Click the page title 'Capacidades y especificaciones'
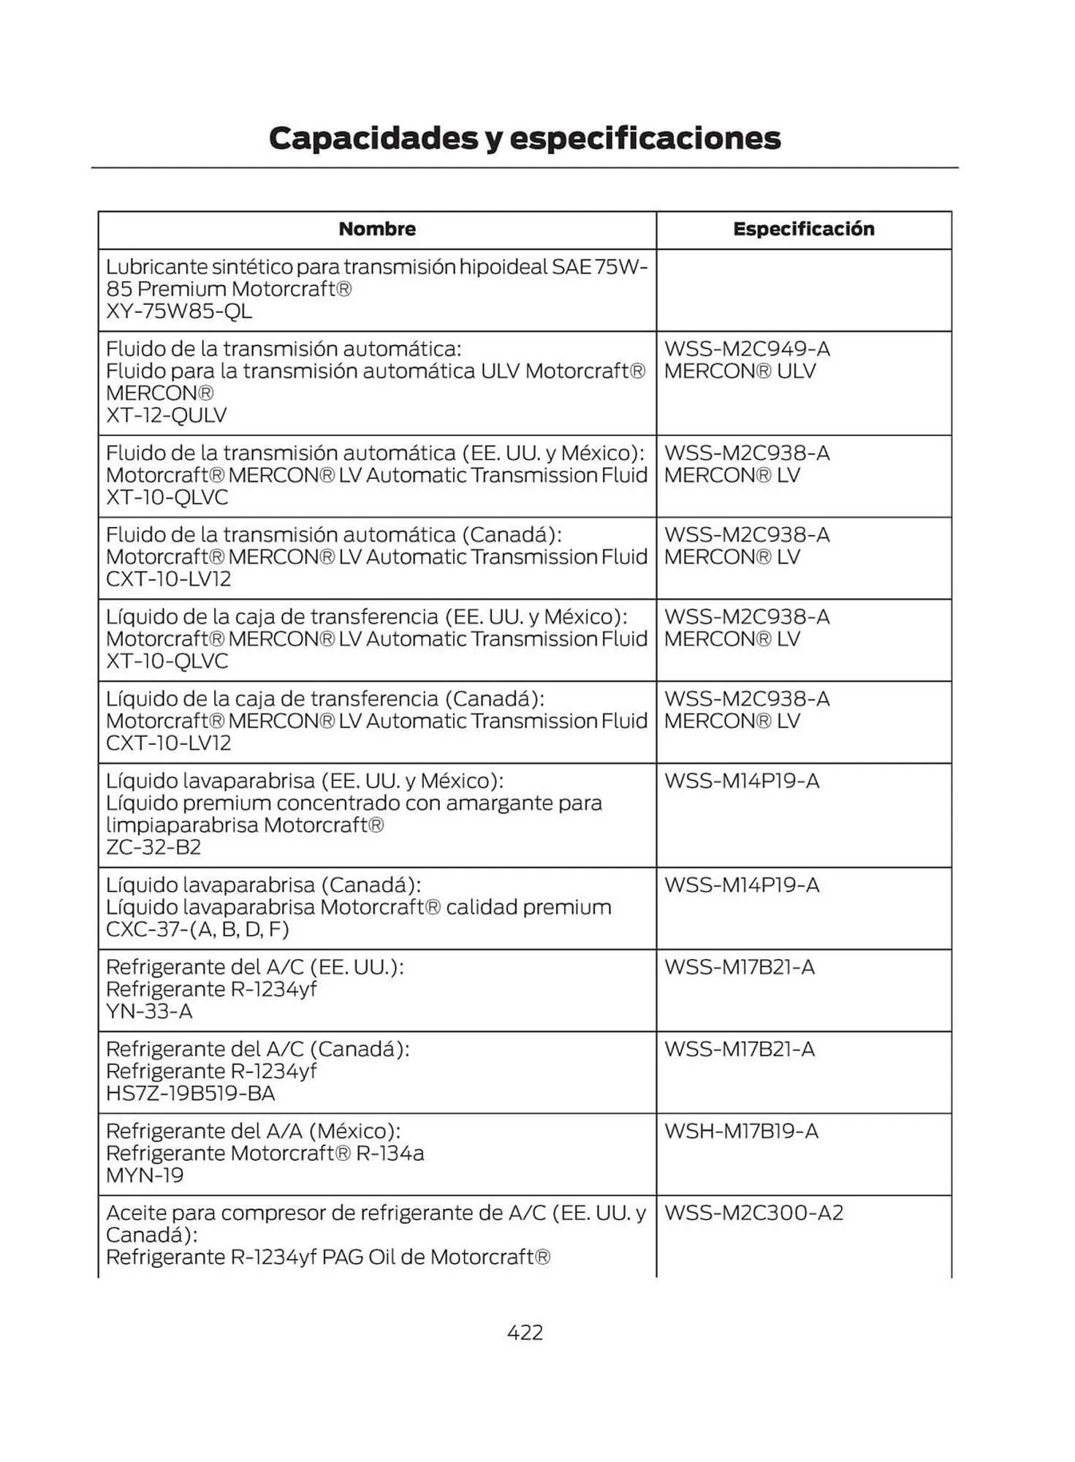tap(525, 138)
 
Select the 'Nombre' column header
tap(377, 229)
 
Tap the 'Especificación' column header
tap(804, 229)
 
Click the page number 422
tap(525, 1333)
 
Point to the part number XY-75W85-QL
tap(179, 311)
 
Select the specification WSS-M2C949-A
tap(747, 349)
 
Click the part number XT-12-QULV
tap(167, 415)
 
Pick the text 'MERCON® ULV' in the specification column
tap(740, 371)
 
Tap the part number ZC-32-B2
tap(153, 847)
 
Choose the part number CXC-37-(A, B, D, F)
tap(197, 929)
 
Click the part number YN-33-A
tap(149, 1011)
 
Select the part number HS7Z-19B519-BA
tap(191, 1094)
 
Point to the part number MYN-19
tap(145, 1175)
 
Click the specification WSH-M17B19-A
tap(741, 1131)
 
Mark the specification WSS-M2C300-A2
tap(753, 1213)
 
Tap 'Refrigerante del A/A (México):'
tap(253, 1131)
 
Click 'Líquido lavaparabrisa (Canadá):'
tap(263, 885)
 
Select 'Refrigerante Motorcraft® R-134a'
tap(265, 1154)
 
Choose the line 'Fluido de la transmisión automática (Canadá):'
tap(333, 534)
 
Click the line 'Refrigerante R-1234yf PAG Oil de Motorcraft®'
tap(328, 1257)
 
